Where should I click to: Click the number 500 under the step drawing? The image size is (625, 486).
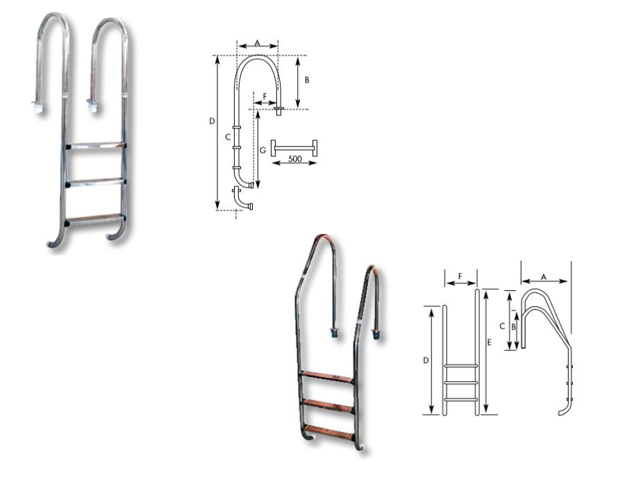pos(294,159)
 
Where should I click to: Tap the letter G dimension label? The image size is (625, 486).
pos(262,150)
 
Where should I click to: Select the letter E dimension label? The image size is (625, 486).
pos(490,342)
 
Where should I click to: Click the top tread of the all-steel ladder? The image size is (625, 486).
pos(96,145)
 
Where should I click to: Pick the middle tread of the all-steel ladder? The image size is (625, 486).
pos(96,182)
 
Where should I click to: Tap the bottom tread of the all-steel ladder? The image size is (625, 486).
pos(95,219)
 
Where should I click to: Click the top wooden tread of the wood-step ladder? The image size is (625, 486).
pos(327,377)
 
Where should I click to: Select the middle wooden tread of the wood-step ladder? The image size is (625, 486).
pos(328,405)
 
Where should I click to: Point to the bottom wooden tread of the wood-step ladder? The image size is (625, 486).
pos(329,433)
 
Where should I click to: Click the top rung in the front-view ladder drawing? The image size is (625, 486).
pos(461,365)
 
